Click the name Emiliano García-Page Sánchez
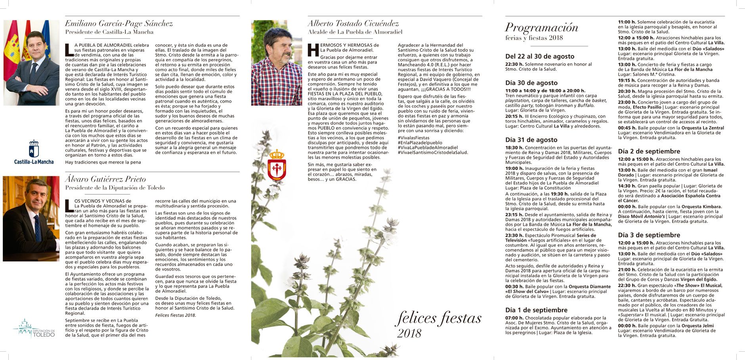click(x=119, y=24)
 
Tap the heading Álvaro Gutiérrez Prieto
click(x=105, y=179)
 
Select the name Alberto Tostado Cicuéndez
click(x=353, y=24)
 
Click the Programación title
click(x=541, y=27)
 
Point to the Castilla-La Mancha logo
click(x=34, y=152)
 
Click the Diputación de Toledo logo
click(x=34, y=328)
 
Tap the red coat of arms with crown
click(x=277, y=165)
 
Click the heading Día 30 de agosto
click(x=531, y=83)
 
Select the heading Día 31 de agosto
click(x=531, y=140)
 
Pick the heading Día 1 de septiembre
click(x=536, y=310)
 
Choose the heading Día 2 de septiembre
click(x=649, y=151)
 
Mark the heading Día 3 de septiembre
click(x=649, y=235)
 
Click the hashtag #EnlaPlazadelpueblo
click(x=420, y=143)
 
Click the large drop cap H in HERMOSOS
click(x=313, y=50)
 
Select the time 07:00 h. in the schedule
click(x=514, y=318)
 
